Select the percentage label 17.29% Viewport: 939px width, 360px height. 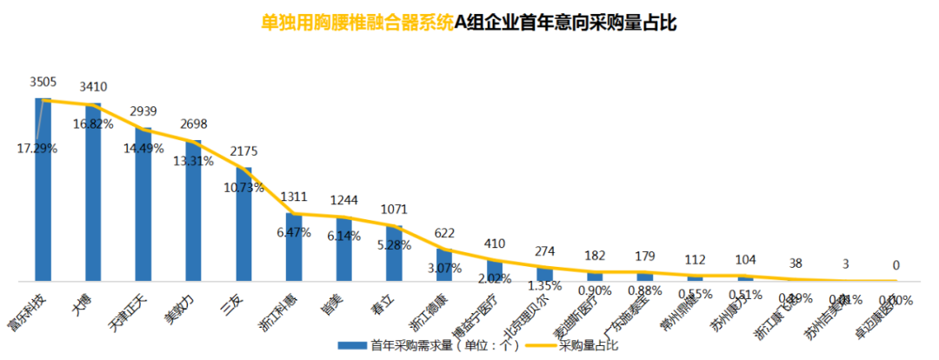[37, 149]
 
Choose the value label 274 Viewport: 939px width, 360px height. [544, 252]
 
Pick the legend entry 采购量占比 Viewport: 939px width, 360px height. [589, 345]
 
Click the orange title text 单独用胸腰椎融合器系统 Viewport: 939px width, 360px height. [357, 23]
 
